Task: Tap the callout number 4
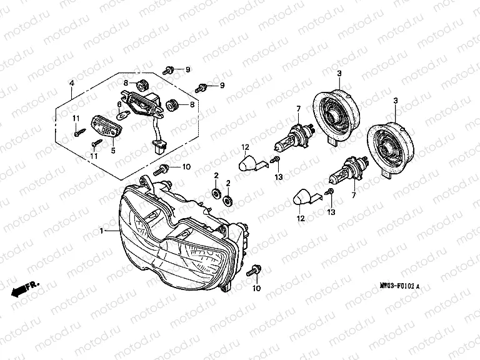(71, 84)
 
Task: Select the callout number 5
(113, 151)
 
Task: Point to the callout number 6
(119, 104)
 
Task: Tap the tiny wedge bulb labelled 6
(124, 114)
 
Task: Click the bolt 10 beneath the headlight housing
(254, 271)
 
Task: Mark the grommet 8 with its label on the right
(172, 104)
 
